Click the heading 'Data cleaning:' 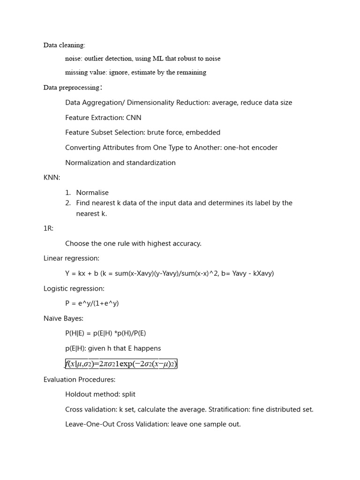click(x=64, y=45)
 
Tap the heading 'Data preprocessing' click(x=71, y=88)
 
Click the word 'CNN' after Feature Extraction click(x=134, y=118)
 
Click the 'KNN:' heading click(x=52, y=178)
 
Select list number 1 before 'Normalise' click(x=68, y=193)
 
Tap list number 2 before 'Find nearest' click(x=68, y=203)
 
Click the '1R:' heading click(x=49, y=228)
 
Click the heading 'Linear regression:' click(x=71, y=258)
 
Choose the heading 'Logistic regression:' click(x=74, y=288)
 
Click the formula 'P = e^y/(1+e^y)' click(x=92, y=303)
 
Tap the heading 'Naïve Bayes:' click(x=63, y=318)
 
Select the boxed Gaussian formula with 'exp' click(x=121, y=364)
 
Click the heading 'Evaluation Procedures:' click(x=79, y=379)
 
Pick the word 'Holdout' click(x=79, y=394)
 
